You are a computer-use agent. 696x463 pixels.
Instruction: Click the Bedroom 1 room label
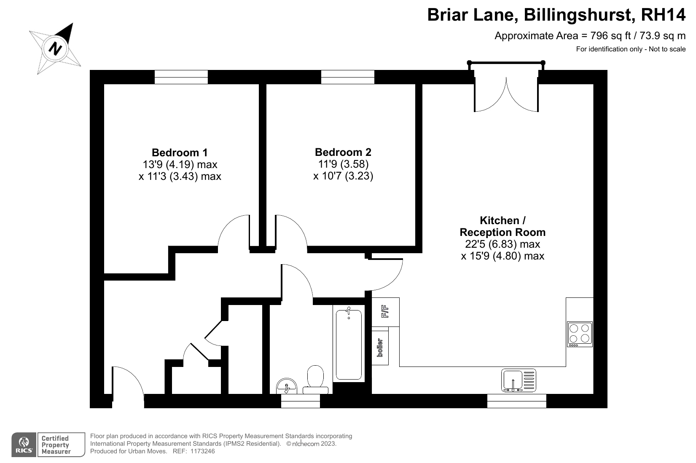pos(180,153)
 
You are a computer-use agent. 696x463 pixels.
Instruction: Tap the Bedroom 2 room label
pos(343,152)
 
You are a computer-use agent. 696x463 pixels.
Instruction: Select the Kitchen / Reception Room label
pos(503,226)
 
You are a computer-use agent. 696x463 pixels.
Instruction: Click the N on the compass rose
pos(55,49)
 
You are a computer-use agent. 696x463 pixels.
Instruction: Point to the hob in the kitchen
pos(580,334)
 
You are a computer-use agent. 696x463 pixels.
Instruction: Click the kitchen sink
pos(519,380)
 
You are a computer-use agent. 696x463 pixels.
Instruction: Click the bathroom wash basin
pos(287,386)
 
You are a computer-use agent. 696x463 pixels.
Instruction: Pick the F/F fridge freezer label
pos(385,311)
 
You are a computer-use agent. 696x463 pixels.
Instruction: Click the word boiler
pos(380,348)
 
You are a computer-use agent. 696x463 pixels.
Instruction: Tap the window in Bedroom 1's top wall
pos(181,77)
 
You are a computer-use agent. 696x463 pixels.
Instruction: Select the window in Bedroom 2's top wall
pos(348,77)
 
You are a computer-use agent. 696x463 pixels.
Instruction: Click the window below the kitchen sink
pos(517,401)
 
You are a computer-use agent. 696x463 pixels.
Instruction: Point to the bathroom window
pos(301,401)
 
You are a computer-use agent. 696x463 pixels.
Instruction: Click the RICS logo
pos(24,445)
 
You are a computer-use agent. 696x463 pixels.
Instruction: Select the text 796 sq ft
pos(610,36)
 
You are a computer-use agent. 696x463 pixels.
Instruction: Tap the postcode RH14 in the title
pos(663,15)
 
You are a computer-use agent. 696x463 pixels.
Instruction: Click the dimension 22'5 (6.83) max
pos(503,244)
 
